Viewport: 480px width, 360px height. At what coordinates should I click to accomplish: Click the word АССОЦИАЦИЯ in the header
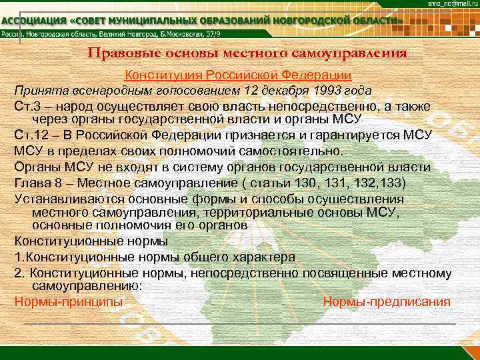[x=32, y=21]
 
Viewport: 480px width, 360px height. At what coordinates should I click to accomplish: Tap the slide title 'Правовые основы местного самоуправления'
[x=247, y=53]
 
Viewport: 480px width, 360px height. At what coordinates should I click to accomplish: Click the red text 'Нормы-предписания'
[x=387, y=301]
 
